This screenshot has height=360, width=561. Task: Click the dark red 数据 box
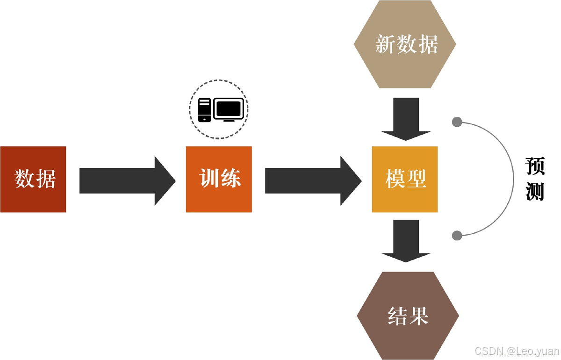tap(33, 179)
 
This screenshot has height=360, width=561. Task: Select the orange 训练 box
tap(219, 179)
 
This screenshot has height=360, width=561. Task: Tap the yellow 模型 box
tap(405, 179)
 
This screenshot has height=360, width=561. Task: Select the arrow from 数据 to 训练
tap(126, 180)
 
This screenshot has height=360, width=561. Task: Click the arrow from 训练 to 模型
tap(312, 180)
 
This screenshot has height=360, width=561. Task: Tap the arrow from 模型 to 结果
tap(405, 239)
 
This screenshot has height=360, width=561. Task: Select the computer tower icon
tap(204, 110)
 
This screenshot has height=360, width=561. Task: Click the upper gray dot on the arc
tap(457, 122)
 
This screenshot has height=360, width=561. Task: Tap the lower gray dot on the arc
tap(457, 235)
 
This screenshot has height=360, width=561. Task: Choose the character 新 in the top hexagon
tap(385, 45)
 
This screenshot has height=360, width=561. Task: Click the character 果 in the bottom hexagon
tap(419, 317)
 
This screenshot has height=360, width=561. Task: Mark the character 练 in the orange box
tap(230, 179)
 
